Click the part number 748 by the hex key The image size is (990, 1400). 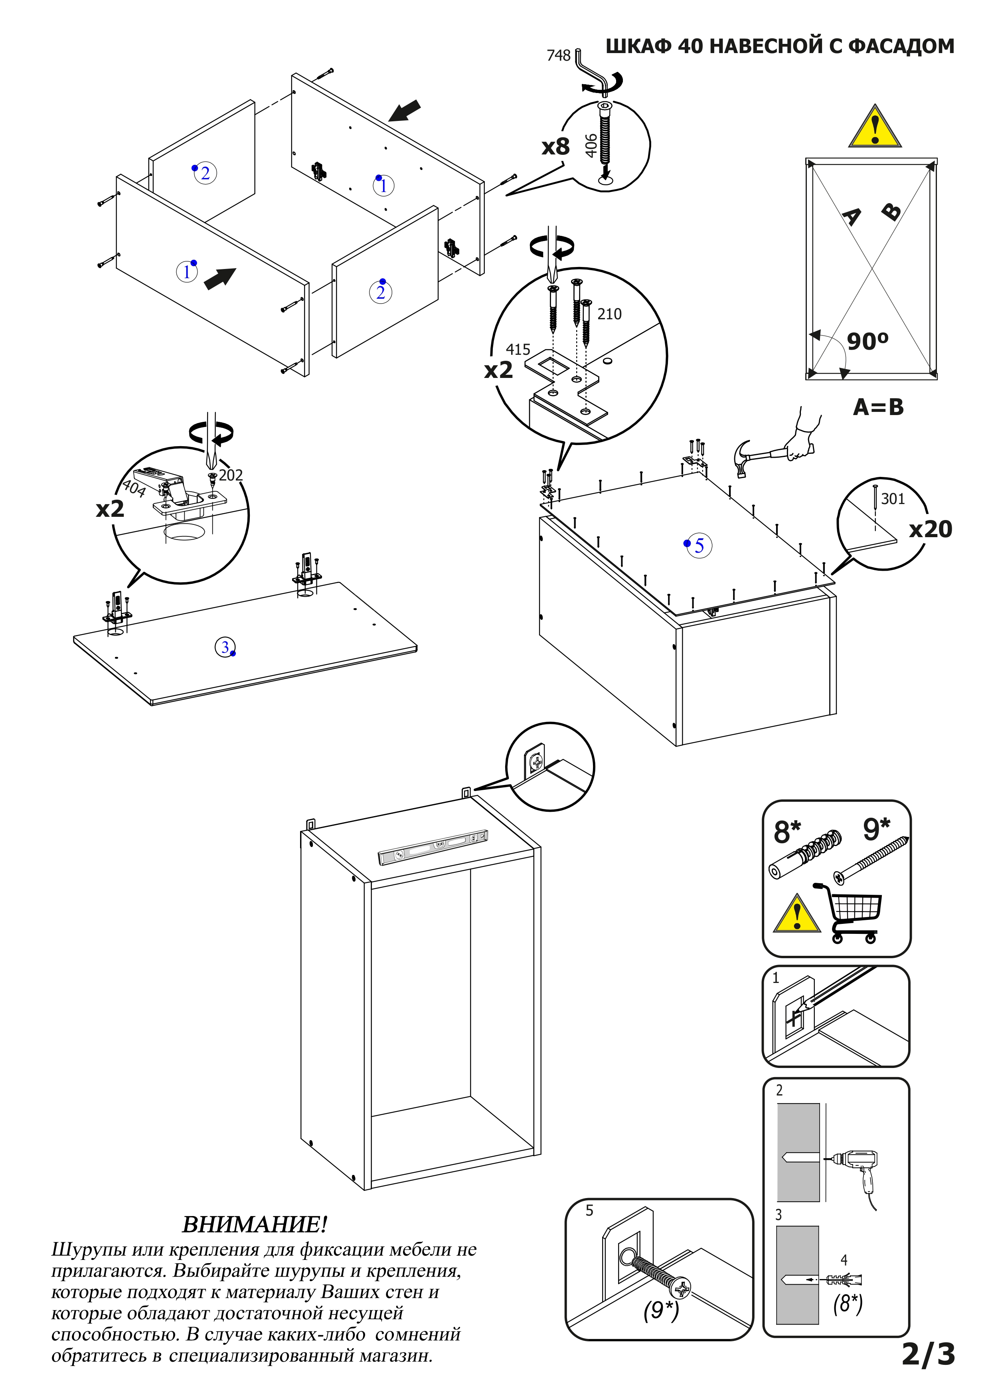coord(558,55)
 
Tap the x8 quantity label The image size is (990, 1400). coord(555,146)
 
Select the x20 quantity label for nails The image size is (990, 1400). coord(930,529)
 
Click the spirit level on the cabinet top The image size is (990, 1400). coord(433,847)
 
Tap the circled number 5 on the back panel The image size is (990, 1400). coord(699,545)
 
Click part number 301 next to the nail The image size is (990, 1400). coord(893,499)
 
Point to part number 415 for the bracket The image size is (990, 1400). coord(518,349)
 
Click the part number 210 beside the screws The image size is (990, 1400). coord(609,314)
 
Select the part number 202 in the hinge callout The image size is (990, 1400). coord(230,475)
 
